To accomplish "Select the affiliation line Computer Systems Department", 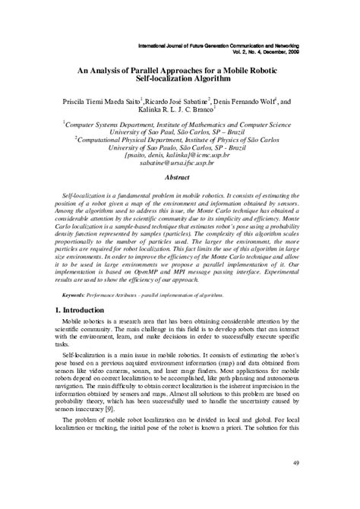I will [x=179, y=122].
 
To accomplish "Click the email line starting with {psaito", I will [x=179, y=154].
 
